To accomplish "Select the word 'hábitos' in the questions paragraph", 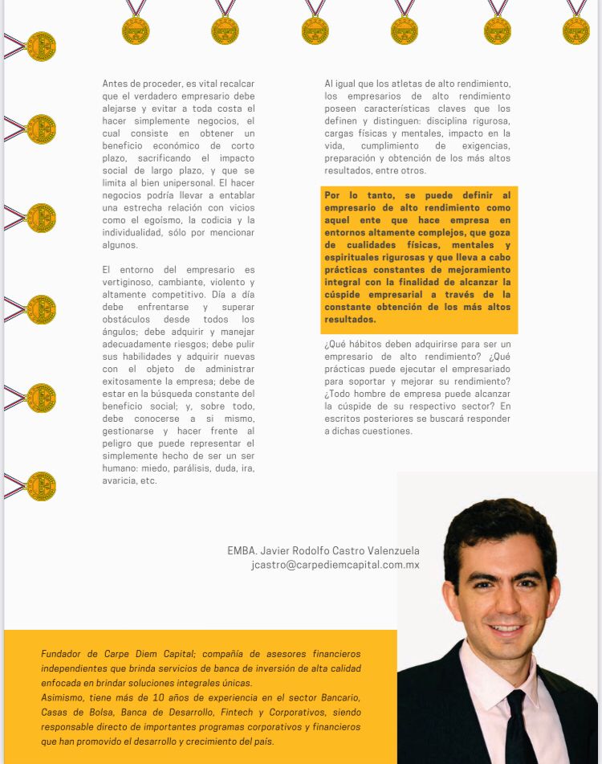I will click(360, 344).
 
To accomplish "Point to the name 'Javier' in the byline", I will click(279, 551).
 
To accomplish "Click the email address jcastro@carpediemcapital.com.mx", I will click(335, 565).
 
